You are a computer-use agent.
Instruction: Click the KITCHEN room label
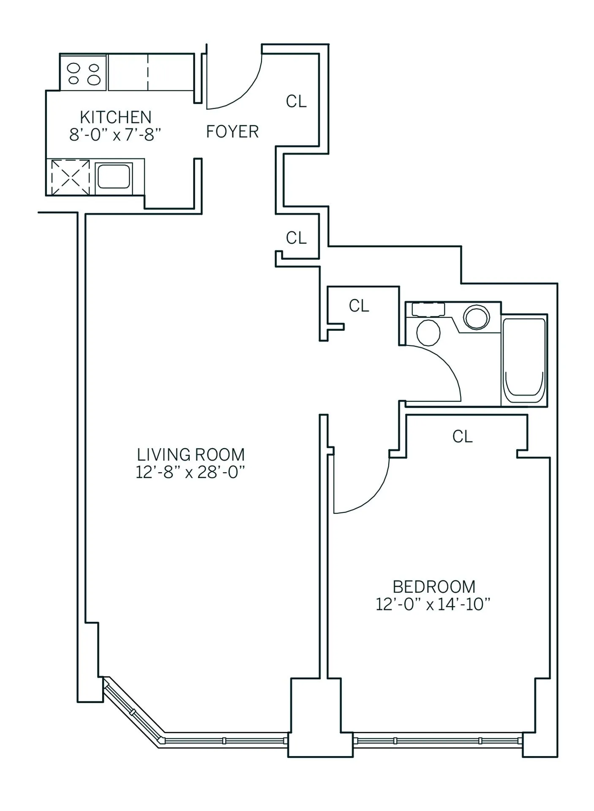pos(115,117)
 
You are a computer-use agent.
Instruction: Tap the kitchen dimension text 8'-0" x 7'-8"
pos(115,135)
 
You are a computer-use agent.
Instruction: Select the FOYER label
pos(232,132)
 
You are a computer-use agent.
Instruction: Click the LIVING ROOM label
pos(191,454)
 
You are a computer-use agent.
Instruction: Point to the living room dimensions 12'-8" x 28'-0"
pos(191,472)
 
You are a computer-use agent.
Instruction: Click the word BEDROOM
pos(434,587)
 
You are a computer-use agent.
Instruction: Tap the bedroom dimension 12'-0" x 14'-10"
pos(433,604)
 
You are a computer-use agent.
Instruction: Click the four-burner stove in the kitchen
pos(84,73)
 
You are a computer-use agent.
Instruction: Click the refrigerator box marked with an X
pos(70,177)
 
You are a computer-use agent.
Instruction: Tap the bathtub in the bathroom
pos(524,360)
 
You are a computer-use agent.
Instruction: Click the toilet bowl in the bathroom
pos(428,332)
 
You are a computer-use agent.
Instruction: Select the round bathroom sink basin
pos(477,317)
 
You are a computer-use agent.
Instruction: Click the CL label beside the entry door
pos(296,101)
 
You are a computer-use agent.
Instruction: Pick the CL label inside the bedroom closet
pos(462,437)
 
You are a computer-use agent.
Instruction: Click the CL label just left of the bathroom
pos(359,306)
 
